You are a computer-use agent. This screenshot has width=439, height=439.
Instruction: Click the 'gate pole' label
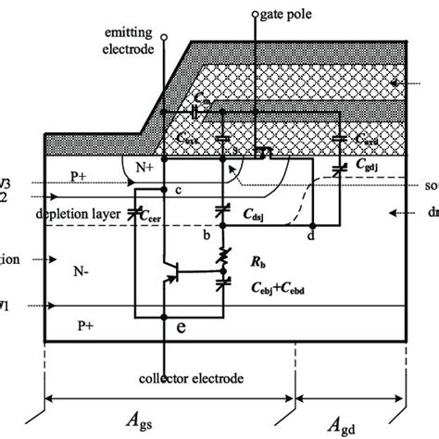click(295, 17)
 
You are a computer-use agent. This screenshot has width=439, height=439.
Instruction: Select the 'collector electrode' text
click(164, 380)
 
